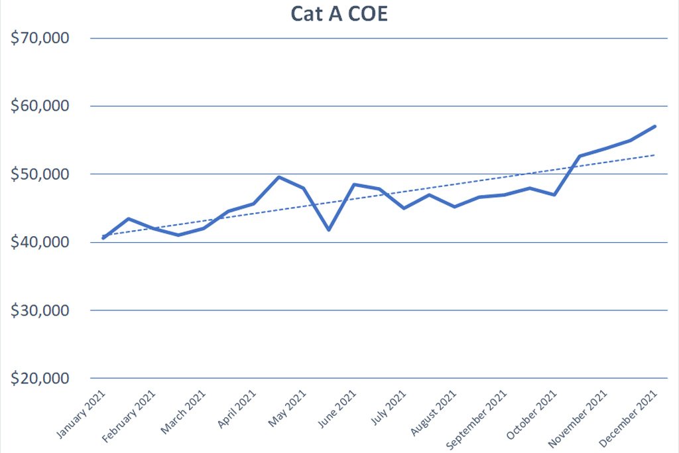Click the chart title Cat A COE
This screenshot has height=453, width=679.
(339, 13)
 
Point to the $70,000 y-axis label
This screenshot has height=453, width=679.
(40, 38)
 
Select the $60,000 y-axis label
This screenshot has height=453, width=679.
(40, 105)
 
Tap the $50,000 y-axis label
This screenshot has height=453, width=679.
(40, 174)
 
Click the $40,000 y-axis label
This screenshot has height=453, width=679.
(40, 242)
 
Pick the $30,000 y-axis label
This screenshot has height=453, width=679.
(40, 310)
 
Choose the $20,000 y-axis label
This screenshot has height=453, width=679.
(40, 379)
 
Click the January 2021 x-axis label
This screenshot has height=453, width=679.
(81, 415)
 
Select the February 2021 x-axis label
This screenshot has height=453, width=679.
(129, 417)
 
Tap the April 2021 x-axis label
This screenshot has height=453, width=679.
(237, 409)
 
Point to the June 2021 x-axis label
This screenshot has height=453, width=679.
(337, 409)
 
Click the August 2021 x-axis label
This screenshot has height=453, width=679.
(433, 413)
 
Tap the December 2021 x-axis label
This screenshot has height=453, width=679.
(628, 419)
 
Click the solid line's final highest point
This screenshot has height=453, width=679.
(654, 127)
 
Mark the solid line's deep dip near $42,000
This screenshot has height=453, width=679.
(329, 229)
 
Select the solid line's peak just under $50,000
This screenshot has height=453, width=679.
(279, 177)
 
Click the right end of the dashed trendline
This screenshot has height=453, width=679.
(654, 155)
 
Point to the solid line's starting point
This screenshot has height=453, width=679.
(103, 237)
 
